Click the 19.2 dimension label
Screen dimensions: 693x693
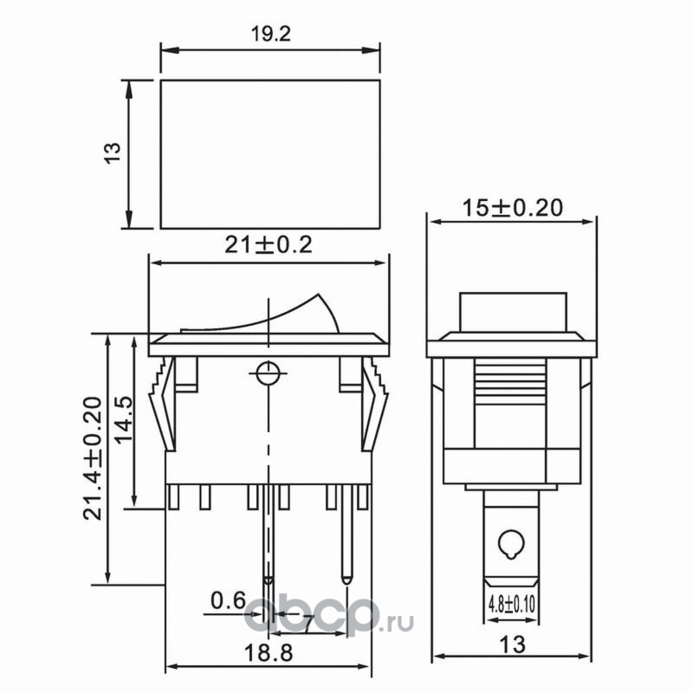[x=271, y=34]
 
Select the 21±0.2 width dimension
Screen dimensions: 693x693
[x=269, y=244]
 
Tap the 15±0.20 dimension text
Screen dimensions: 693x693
[x=512, y=208]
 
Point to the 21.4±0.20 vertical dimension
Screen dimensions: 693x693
[x=93, y=458]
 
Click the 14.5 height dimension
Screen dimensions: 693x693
[x=123, y=418]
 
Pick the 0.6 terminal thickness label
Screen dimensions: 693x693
[x=228, y=600]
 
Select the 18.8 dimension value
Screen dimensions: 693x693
[x=269, y=653]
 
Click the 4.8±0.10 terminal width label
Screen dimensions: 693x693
[x=511, y=604]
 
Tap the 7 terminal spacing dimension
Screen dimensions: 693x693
[x=308, y=624]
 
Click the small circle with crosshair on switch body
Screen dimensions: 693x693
[x=268, y=373]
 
